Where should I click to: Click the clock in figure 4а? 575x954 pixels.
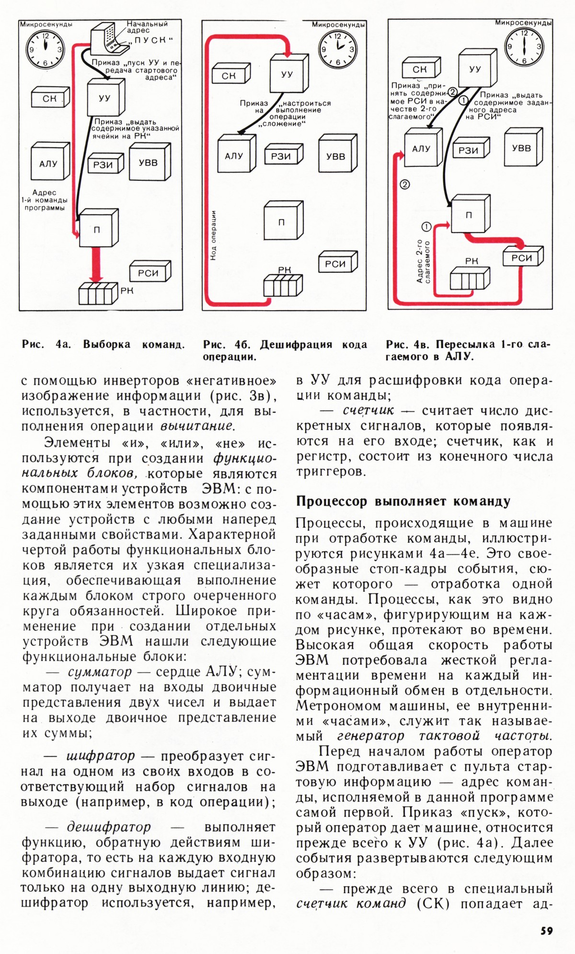click(x=46, y=49)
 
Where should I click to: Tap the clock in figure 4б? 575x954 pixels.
click(x=337, y=49)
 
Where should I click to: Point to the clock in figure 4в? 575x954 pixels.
click(x=524, y=47)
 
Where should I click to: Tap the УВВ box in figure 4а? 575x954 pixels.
click(x=148, y=163)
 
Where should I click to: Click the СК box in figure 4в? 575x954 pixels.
click(x=420, y=70)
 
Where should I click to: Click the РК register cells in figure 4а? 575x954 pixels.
click(x=98, y=293)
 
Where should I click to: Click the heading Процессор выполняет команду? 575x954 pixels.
click(x=403, y=501)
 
